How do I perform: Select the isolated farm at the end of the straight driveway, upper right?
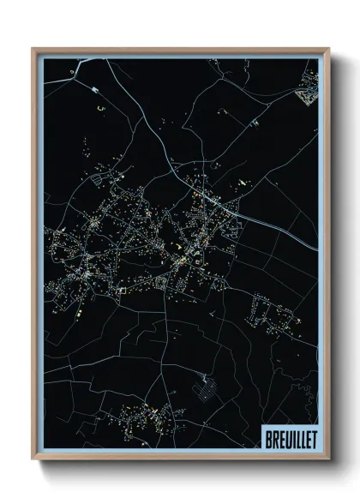pos(255,123)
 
